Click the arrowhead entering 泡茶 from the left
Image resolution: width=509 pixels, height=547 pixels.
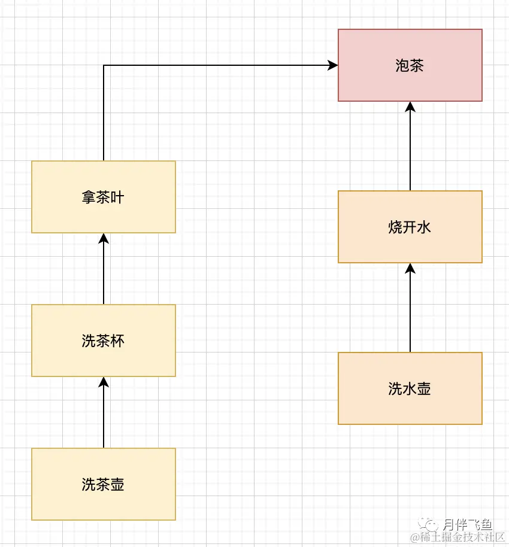333,65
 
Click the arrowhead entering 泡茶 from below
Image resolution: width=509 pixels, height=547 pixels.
410,107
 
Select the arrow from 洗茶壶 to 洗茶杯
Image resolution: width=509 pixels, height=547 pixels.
104,413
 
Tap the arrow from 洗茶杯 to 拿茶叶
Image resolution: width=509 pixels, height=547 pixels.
104,269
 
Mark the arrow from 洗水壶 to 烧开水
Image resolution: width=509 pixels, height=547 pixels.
410,308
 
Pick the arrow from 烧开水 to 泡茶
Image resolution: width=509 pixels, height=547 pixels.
410,147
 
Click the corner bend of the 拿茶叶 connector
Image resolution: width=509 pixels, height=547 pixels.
104,65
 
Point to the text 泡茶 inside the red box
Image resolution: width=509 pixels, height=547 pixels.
410,65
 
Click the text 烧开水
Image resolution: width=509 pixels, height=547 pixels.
410,227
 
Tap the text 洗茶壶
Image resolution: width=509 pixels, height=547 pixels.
103,484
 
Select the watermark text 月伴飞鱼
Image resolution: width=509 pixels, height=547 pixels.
468,525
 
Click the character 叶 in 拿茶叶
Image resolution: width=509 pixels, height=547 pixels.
117,197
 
